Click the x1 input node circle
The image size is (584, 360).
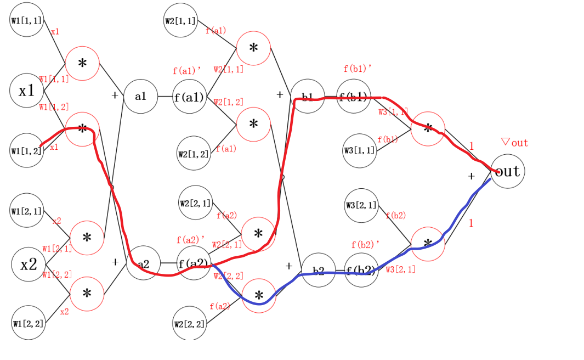coord(26,91)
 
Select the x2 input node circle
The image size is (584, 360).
coord(29,265)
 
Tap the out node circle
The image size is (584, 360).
coord(507,171)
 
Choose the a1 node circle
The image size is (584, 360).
coord(141,96)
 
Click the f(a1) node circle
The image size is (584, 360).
coord(189,97)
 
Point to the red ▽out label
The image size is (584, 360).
coord(514,143)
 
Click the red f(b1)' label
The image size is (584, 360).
coord(358,69)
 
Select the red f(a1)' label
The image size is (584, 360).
coord(187,71)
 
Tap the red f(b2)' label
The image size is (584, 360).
coord(365,244)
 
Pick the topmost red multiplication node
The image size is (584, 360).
coord(253,48)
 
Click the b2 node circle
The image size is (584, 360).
coord(319,270)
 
